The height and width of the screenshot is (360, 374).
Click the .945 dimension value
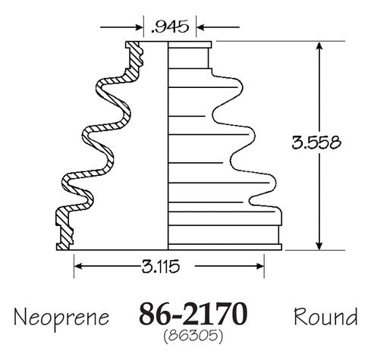pos(170,27)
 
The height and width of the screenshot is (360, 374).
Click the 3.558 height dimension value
pos(316,142)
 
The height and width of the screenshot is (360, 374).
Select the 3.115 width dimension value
pos(161,267)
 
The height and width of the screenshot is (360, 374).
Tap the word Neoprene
pos(61,318)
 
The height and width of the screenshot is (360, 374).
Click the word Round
pos(325,317)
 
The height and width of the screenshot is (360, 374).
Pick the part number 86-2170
pos(193,314)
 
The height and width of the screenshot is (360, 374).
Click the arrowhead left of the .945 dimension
pos(140,27)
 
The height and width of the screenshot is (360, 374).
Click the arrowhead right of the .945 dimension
pos(200,27)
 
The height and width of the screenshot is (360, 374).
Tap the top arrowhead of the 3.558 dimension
pos(319,46)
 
